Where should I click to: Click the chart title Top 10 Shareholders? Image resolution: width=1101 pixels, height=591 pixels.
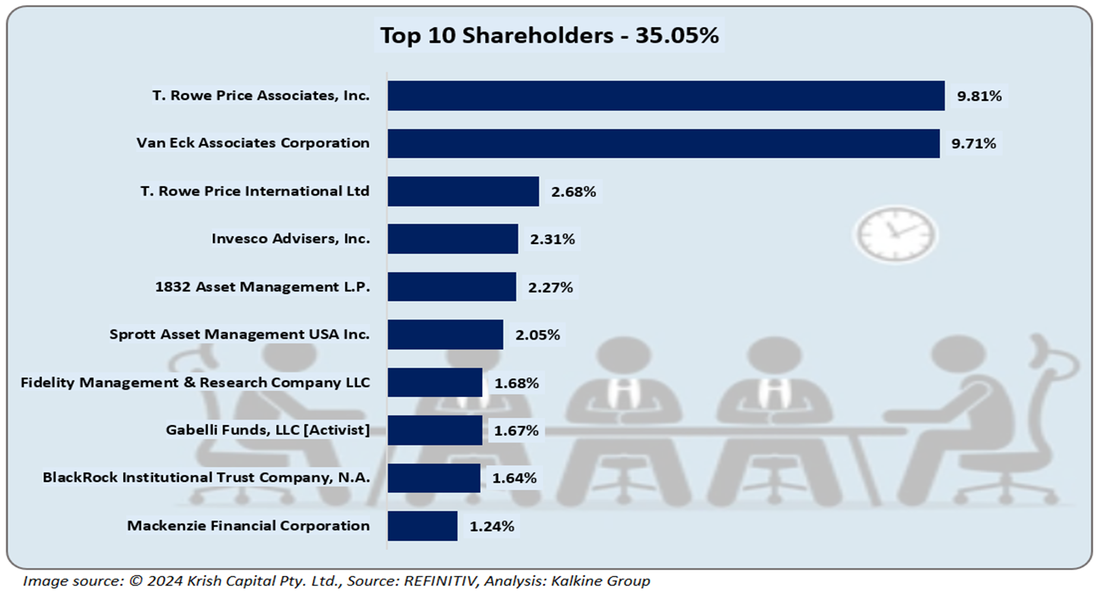pos(549,36)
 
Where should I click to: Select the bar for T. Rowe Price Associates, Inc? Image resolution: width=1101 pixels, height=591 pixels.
pos(666,95)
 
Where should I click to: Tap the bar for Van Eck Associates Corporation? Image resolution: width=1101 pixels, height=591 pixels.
pos(664,143)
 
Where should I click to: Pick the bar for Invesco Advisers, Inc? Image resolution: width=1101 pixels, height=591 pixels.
pos(452,239)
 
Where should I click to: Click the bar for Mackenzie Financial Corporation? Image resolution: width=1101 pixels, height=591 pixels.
pos(422,526)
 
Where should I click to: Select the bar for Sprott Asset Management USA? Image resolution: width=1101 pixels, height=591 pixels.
pos(445,334)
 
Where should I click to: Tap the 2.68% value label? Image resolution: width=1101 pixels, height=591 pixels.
pos(574,192)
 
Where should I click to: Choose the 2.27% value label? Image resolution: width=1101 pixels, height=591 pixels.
pos(551,287)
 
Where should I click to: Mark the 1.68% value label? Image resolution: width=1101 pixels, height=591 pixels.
pos(517,383)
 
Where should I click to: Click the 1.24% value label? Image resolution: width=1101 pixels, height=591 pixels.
pos(492,526)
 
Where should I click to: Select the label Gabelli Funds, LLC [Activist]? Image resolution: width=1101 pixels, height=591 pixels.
pos(267,430)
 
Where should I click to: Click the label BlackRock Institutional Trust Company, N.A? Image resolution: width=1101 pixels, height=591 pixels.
pos(206,478)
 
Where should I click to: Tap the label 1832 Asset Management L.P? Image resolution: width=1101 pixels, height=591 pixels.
pos(261,287)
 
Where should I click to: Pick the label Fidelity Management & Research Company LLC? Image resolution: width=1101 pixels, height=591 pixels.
pos(195,383)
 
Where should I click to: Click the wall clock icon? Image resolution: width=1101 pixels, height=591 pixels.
pos(896,233)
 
